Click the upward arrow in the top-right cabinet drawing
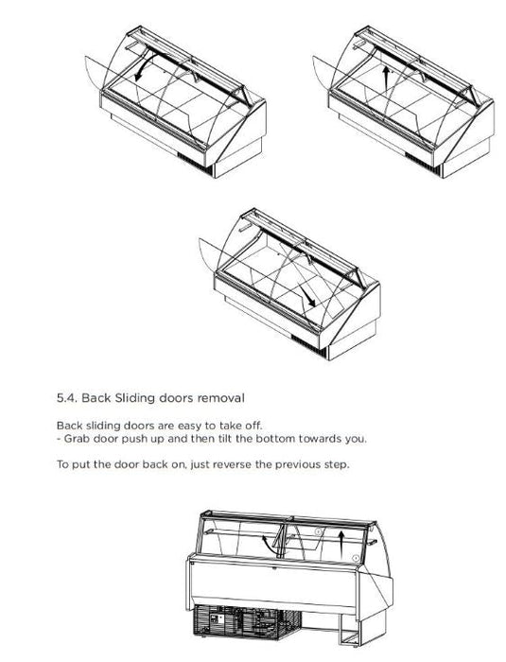385,78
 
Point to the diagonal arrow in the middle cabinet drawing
306,295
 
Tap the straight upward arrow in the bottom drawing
342,544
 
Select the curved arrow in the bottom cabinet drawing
268,545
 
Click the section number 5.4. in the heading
66,398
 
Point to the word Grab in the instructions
77,439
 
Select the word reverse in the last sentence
232,465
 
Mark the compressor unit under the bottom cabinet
247,621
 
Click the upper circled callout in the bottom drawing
319,531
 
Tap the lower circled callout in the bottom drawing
356,558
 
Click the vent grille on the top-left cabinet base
195,164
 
